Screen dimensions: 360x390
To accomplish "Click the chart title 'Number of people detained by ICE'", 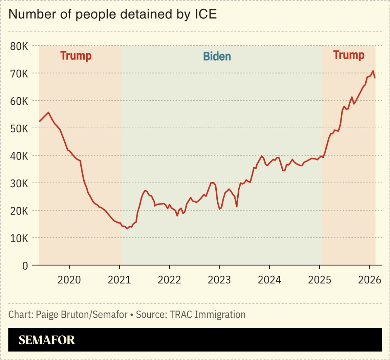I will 112,15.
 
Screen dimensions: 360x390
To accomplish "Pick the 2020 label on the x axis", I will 69,280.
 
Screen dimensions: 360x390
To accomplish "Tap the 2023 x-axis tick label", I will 219,280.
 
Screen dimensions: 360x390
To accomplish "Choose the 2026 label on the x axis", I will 369,280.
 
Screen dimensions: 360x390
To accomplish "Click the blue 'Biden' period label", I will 217,56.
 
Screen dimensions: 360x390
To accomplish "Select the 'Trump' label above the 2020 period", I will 76,56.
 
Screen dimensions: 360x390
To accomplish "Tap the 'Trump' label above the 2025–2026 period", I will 349,55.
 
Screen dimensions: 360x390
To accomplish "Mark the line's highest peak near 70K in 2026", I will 373,71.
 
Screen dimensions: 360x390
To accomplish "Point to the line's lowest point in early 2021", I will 127,229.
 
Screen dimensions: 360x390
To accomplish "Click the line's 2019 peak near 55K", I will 48,112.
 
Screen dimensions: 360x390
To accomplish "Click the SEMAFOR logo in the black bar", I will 47,340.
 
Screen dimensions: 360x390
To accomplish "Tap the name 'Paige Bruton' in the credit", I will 56,315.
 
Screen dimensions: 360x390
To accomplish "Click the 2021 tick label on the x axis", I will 119,280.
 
